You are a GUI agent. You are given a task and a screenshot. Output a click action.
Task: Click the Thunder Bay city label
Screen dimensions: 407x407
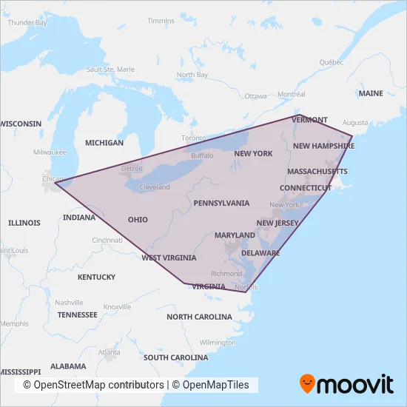click(x=27, y=23)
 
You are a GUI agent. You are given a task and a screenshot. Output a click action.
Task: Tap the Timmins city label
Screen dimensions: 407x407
click(x=161, y=21)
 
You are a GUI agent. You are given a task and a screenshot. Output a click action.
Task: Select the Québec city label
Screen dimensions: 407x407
click(x=332, y=62)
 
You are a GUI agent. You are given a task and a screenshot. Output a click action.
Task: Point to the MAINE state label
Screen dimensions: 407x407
click(x=371, y=94)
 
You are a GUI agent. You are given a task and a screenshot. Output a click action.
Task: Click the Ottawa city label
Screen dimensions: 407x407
click(x=255, y=96)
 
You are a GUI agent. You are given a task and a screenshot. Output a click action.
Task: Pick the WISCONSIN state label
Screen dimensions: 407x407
click(x=21, y=124)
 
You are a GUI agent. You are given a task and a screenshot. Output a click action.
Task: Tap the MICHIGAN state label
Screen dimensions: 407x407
click(x=104, y=142)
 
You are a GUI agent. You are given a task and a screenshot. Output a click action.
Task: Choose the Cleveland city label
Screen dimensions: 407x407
click(x=154, y=187)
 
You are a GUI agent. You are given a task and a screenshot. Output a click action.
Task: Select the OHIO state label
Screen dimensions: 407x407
click(x=138, y=220)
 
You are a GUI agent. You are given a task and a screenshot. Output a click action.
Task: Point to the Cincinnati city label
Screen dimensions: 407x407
click(x=107, y=240)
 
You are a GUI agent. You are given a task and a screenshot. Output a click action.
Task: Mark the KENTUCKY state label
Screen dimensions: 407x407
click(x=96, y=277)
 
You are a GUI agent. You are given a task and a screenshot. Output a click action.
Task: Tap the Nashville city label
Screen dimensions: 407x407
click(x=69, y=303)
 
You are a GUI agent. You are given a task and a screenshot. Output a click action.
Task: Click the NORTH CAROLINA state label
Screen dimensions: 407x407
click(x=199, y=317)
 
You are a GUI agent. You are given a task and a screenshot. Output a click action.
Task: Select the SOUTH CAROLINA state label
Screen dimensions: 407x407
click(x=175, y=357)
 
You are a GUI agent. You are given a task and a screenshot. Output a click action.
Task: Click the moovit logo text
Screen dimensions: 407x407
click(x=357, y=385)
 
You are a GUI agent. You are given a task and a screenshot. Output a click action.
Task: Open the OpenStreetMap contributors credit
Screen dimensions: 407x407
click(x=93, y=386)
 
